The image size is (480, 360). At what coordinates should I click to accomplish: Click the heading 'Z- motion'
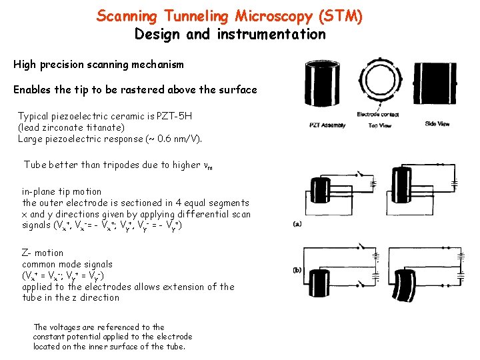click(43, 253)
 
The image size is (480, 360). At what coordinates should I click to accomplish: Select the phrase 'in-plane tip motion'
click(62, 191)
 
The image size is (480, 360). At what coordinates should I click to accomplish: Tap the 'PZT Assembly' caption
click(327, 124)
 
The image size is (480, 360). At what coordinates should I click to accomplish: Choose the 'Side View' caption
click(438, 123)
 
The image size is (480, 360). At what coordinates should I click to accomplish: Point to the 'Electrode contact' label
click(379, 113)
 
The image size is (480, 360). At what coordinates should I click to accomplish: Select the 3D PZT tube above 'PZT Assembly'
click(326, 85)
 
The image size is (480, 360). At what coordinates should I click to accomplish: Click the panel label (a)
click(298, 224)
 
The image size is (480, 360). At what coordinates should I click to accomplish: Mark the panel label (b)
click(298, 270)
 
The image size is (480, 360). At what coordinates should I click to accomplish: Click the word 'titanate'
click(105, 127)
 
